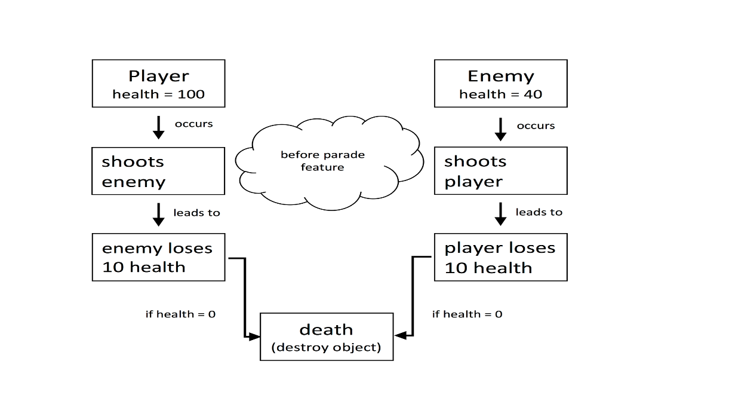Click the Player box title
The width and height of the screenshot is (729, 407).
tap(158, 76)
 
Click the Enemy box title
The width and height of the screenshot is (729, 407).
tap(500, 76)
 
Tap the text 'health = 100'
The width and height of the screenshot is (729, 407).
tap(158, 94)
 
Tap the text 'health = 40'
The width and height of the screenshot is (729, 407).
tap(500, 94)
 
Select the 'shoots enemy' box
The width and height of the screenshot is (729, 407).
tap(158, 171)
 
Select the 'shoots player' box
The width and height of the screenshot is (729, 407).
tap(500, 171)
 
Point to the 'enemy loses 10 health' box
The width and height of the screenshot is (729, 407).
tap(158, 257)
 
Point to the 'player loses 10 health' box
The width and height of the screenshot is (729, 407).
tap(500, 257)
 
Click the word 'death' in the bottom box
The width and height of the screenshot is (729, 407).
tap(326, 329)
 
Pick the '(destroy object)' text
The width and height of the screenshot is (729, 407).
tap(326, 347)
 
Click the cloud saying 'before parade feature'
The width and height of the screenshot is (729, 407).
tap(323, 161)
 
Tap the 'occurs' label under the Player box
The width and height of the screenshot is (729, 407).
tap(193, 124)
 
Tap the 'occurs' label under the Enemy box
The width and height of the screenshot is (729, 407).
tap(536, 126)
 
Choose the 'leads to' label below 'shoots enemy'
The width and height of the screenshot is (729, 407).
tap(196, 212)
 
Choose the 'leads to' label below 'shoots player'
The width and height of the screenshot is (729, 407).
tap(539, 212)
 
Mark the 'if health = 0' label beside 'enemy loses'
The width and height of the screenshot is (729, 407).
tap(180, 314)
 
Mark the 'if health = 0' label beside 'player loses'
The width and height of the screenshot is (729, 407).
tap(467, 314)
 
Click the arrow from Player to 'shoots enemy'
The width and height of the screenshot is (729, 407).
tap(158, 127)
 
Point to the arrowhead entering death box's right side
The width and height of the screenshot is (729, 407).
tap(400, 336)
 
